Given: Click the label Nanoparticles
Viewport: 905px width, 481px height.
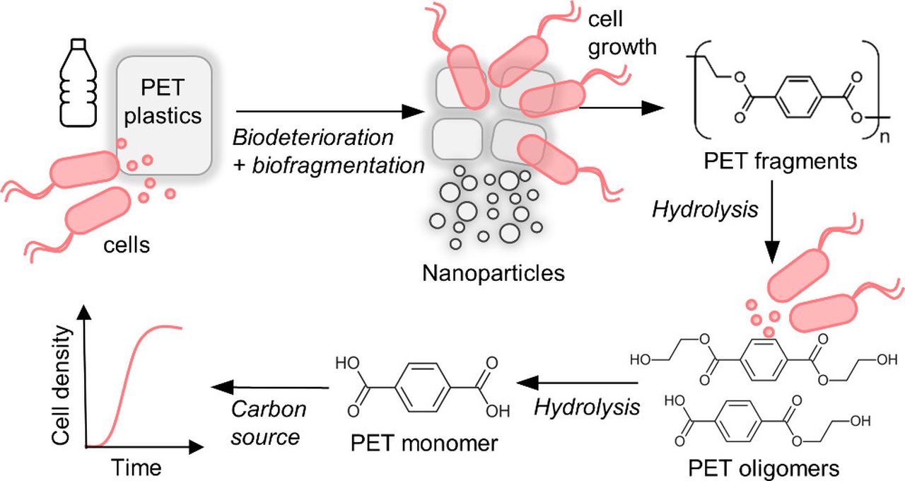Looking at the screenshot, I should pyautogui.click(x=494, y=272).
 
